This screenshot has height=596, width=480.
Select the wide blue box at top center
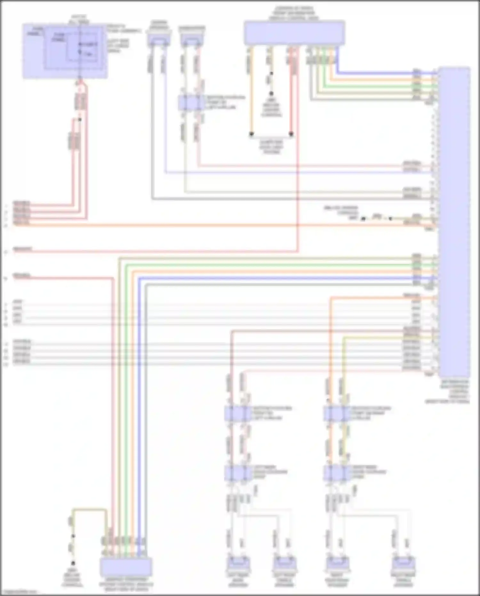(x=294, y=33)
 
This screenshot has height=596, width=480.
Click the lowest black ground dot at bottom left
(x=73, y=563)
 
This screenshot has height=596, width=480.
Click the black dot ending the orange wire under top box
(x=252, y=134)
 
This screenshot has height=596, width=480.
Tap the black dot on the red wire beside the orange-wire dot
(x=291, y=134)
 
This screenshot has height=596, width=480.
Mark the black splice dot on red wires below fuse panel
(x=80, y=120)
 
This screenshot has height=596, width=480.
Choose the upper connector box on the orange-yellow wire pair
(x=337, y=413)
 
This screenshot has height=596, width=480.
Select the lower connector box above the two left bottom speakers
(x=238, y=472)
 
